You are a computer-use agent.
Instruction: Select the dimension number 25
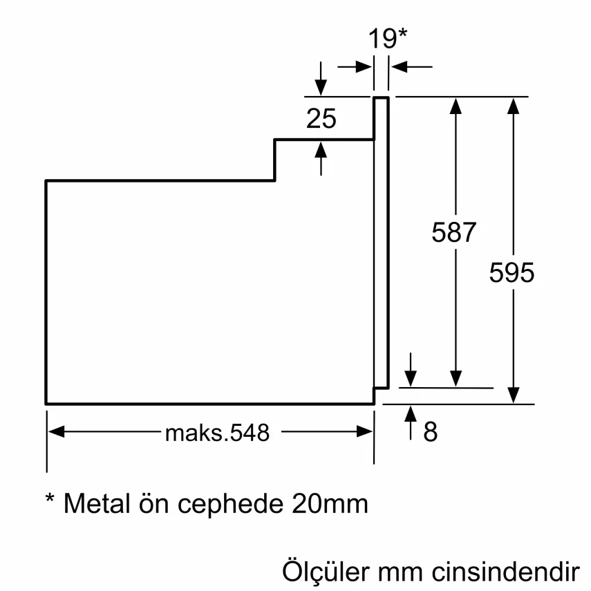(321, 119)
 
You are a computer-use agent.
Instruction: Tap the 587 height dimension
(454, 232)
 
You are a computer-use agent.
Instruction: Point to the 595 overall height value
(512, 273)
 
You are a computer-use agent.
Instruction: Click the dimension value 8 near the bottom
(430, 433)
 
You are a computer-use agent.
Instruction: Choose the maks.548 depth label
(216, 433)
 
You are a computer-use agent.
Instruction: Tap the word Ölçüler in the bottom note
(325, 572)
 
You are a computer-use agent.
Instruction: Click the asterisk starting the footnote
(50, 499)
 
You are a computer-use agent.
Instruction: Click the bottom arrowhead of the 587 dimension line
(456, 379)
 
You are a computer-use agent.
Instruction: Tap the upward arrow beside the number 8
(411, 415)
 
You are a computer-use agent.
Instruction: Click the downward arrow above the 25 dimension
(320, 87)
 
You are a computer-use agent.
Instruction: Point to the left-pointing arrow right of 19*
(399, 67)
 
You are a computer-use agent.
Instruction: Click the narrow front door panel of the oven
(382, 242)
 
